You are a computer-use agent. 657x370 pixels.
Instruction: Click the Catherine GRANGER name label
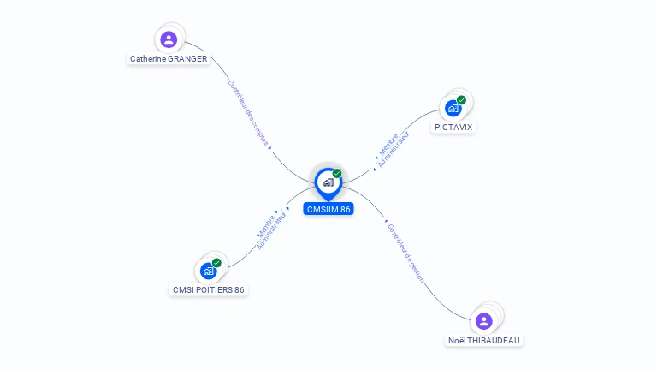[x=169, y=59]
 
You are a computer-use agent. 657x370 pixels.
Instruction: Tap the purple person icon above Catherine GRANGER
[x=169, y=39]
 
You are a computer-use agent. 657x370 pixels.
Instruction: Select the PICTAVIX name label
[x=453, y=127]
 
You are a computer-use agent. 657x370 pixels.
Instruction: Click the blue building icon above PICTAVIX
[x=453, y=108]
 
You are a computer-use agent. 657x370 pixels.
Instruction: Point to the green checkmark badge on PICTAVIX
[x=461, y=100]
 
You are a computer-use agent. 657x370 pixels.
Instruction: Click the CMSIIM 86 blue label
[x=328, y=209]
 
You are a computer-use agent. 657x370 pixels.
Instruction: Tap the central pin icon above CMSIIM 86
[x=328, y=184]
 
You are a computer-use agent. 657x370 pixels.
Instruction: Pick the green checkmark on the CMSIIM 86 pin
[x=337, y=174]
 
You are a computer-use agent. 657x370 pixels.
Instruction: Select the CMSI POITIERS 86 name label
[x=208, y=289]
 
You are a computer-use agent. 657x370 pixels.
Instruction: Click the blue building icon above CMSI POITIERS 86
[x=208, y=271]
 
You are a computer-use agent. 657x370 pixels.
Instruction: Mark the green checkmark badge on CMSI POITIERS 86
[x=216, y=263]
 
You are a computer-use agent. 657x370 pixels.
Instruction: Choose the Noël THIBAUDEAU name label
[x=484, y=340]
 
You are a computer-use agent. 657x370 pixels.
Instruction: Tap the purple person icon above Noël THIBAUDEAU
[x=483, y=321]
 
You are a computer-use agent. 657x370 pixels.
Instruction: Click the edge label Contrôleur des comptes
[x=248, y=113]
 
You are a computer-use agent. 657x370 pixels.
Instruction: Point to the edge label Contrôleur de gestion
[x=405, y=254]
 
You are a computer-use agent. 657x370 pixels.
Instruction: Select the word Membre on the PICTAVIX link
[x=388, y=144]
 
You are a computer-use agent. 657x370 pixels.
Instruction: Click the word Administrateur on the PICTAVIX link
[x=394, y=149]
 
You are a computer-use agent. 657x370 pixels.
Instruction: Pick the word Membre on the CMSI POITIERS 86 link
[x=266, y=226]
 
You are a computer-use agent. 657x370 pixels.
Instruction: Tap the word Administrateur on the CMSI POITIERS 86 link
[x=271, y=230]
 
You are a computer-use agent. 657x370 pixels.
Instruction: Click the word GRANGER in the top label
[x=187, y=59]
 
